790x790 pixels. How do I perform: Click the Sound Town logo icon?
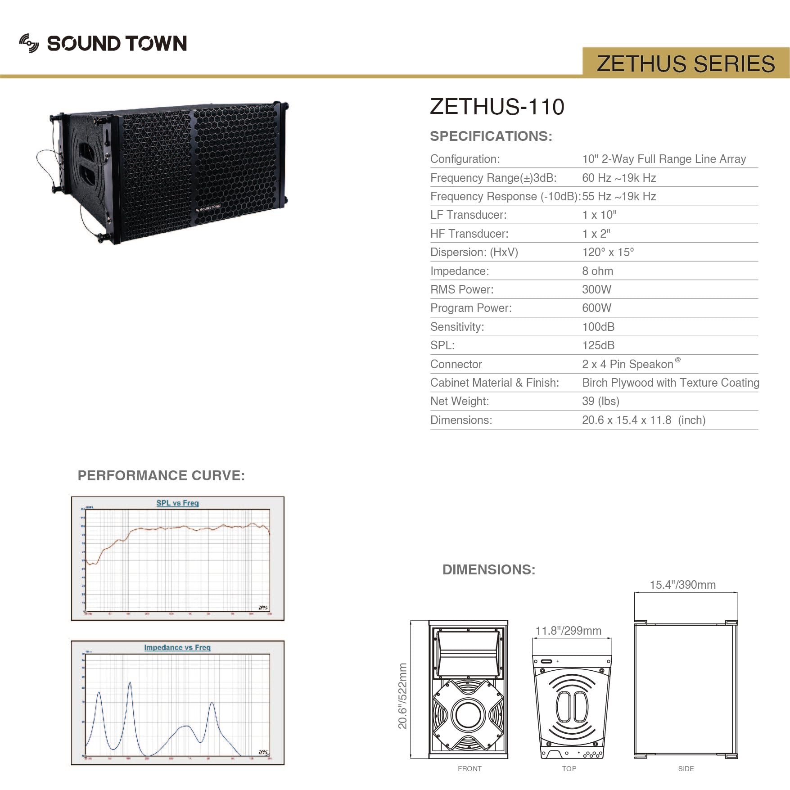29,43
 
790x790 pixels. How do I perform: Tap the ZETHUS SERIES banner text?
686,63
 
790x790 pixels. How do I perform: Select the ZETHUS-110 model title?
497,107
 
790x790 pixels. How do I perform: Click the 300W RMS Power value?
596,289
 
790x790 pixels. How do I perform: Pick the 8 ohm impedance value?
597,271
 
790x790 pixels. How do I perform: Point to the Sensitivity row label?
457,327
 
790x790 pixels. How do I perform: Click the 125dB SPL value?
598,345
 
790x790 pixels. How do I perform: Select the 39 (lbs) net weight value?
600,401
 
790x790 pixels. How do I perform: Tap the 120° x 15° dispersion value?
608,252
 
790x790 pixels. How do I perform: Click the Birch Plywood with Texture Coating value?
670,383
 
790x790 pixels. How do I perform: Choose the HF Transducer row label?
469,234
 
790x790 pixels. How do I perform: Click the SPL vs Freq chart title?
177,503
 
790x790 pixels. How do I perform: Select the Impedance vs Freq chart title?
177,647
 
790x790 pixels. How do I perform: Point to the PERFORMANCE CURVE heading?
161,475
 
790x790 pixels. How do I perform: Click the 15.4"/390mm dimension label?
682,585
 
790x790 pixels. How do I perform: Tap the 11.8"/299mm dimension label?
568,631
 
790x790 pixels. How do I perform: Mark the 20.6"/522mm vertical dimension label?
402,696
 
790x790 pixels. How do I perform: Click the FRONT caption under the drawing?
469,768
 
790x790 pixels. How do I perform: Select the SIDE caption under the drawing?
686,768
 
